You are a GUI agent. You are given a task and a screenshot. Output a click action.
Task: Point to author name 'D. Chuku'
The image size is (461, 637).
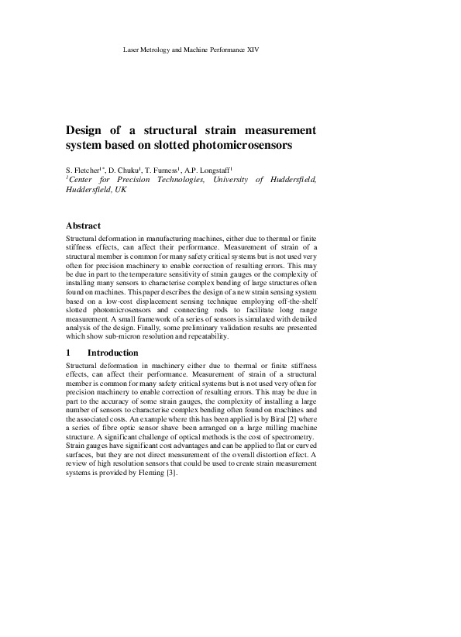pos(127,169)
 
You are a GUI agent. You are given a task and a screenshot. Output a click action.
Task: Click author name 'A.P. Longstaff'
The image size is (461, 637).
pos(214,169)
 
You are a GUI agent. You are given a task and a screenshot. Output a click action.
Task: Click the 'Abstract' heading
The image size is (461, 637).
pos(84,226)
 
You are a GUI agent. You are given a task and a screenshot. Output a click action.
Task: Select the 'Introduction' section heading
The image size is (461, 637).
pos(113,353)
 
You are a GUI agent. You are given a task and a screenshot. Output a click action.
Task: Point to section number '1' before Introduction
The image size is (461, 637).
pos(69,353)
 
